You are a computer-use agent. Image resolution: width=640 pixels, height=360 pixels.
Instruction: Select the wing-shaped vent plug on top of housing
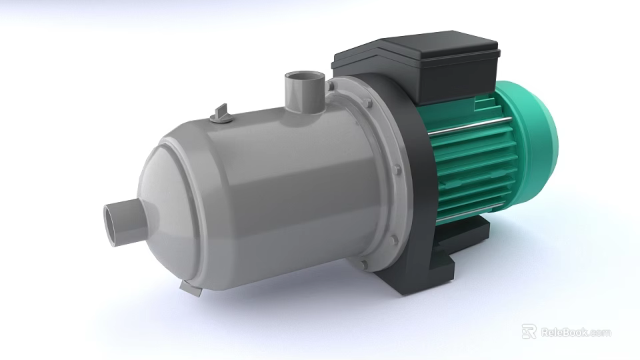[221, 115]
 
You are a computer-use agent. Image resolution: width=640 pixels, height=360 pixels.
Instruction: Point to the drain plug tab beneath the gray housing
[191, 288]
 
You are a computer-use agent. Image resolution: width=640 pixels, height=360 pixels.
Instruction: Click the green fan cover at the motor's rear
[537, 143]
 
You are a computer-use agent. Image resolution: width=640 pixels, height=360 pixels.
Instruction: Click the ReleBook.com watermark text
[575, 332]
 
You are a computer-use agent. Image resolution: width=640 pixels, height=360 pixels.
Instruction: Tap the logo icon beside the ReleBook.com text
[529, 331]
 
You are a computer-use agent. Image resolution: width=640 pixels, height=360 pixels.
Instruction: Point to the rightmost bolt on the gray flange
[398, 171]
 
